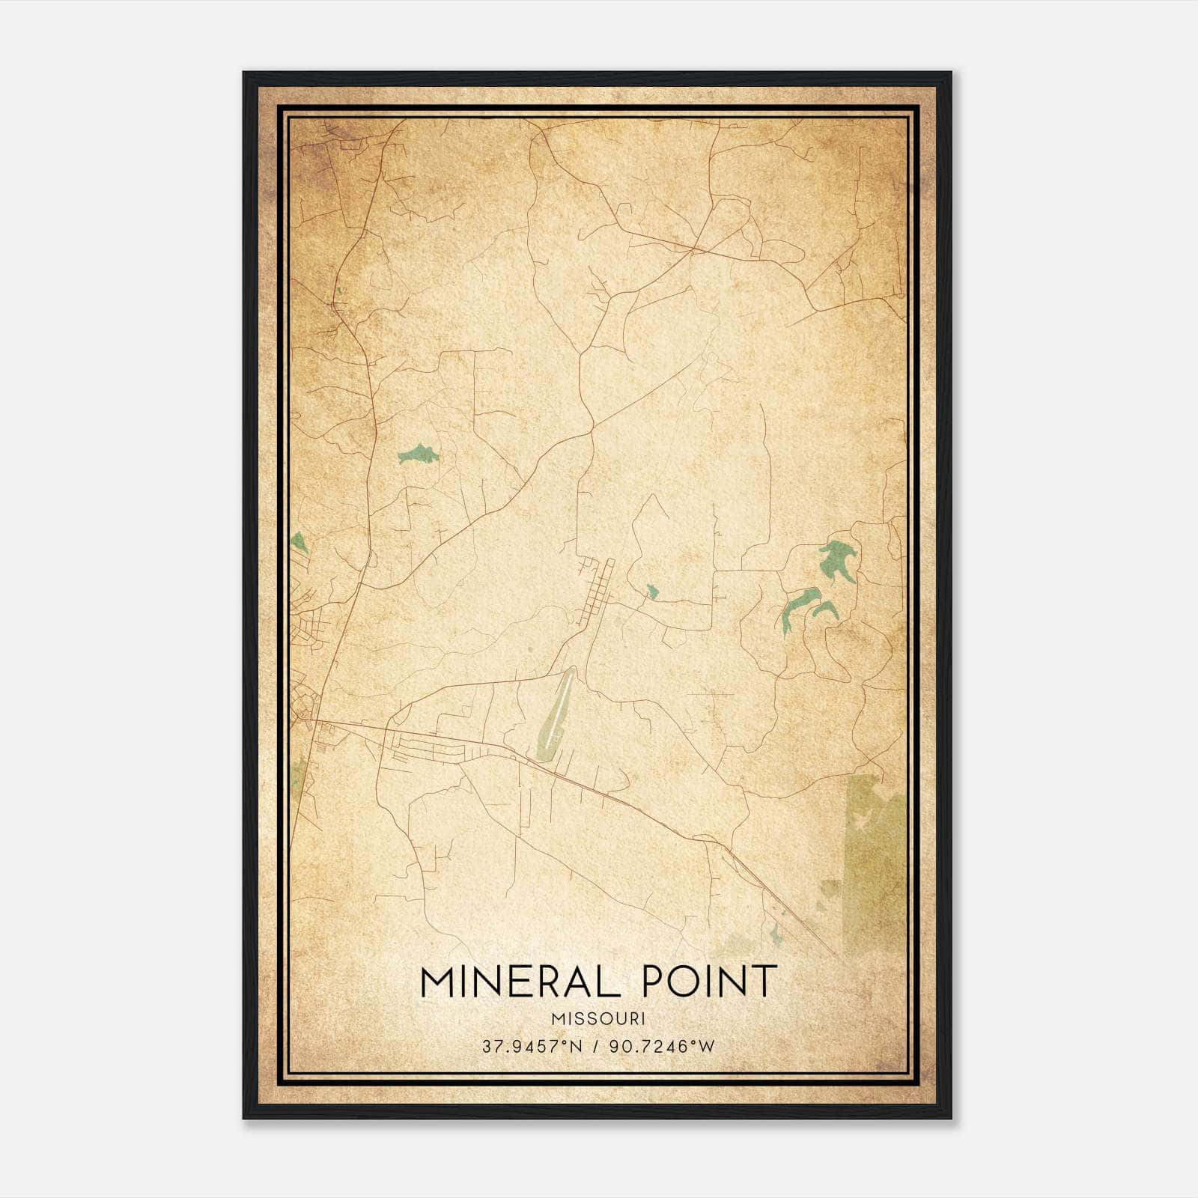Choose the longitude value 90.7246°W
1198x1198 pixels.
[663, 1046]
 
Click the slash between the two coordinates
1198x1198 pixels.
[597, 1046]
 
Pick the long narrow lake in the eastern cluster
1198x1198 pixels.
[795, 607]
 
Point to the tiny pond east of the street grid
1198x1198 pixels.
[651, 592]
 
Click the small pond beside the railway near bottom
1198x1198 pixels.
[776, 932]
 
